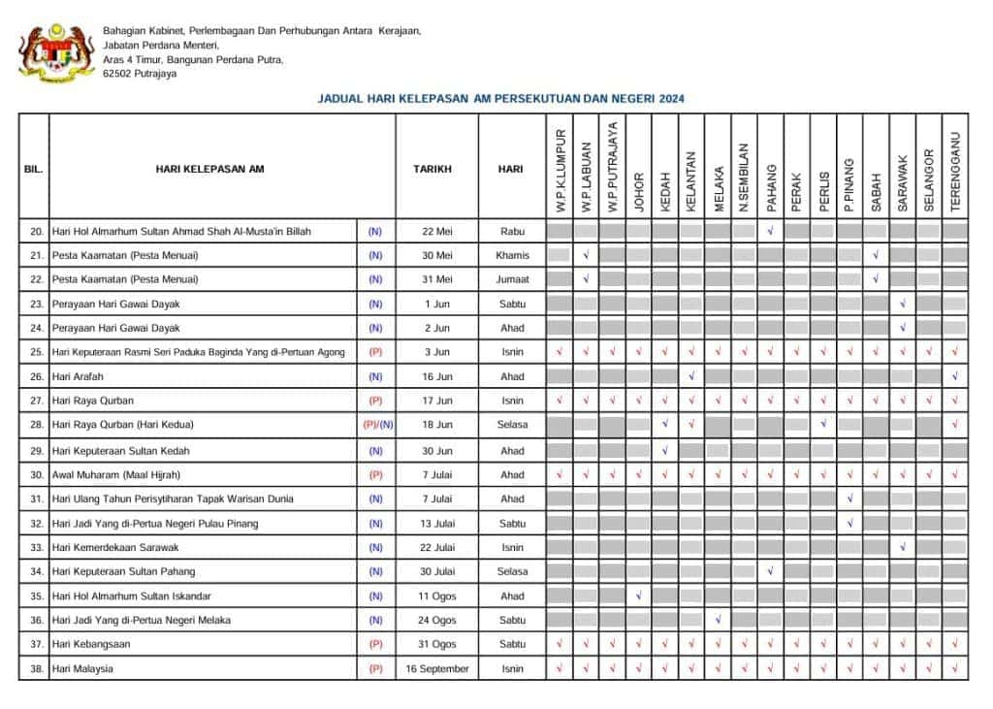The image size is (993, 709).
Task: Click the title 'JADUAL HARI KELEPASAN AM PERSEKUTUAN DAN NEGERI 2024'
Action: pyautogui.click(x=501, y=99)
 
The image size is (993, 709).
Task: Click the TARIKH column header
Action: pyautogui.click(x=436, y=169)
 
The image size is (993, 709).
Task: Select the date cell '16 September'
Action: pyautogui.click(x=436, y=669)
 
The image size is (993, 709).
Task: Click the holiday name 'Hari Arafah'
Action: pyautogui.click(x=78, y=376)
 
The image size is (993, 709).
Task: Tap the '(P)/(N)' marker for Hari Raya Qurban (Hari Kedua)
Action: pyautogui.click(x=376, y=425)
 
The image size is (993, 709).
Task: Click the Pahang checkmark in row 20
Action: pyautogui.click(x=770, y=231)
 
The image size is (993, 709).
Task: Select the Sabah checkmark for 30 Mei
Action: pyautogui.click(x=876, y=255)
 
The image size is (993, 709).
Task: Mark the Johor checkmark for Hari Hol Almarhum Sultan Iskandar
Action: pyautogui.click(x=638, y=596)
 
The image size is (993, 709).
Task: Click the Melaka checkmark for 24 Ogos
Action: pyautogui.click(x=718, y=620)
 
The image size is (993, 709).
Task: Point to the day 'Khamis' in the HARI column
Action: pyautogui.click(x=512, y=255)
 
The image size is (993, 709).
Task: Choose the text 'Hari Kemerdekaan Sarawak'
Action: pyautogui.click(x=115, y=547)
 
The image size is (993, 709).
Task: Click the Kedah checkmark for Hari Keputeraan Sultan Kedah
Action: pyautogui.click(x=664, y=450)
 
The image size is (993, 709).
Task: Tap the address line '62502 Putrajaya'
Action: pyautogui.click(x=140, y=74)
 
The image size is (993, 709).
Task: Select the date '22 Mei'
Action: pyautogui.click(x=436, y=231)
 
